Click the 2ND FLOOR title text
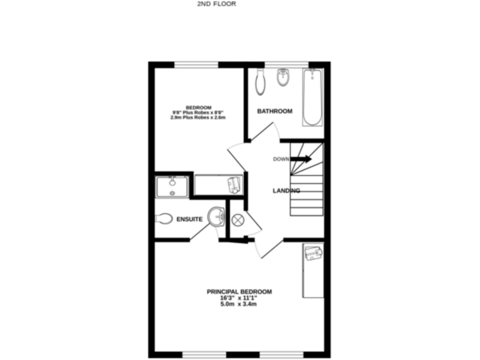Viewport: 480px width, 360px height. [216, 3]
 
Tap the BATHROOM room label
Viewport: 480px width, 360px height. [275, 111]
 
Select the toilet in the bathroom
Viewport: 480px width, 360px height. [261, 82]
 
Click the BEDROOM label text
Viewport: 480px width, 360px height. [198, 107]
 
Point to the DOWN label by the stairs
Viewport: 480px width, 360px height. [281, 159]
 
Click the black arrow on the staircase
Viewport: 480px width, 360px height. [301, 159]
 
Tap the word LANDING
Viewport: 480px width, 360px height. [286, 191]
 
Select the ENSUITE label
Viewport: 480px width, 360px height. [189, 220]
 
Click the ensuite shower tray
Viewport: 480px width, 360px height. [171, 186]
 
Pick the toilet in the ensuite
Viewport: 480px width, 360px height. [164, 219]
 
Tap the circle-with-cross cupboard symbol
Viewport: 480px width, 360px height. [237, 220]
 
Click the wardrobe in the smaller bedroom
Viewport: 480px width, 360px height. [218, 185]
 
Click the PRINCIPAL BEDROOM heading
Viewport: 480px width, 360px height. [240, 292]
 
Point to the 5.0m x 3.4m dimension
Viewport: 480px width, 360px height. [240, 304]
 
